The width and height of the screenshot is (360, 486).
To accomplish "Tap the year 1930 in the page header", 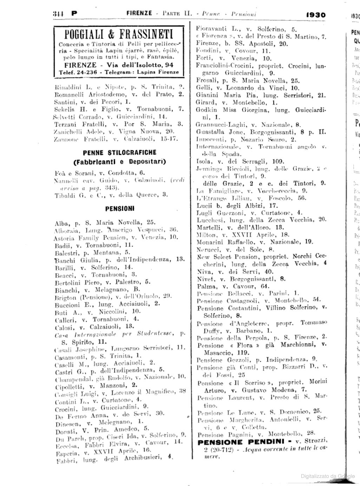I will pyautogui.click(x=315, y=15).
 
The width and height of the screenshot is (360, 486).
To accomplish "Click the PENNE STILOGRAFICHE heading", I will pyautogui.click(x=120, y=153).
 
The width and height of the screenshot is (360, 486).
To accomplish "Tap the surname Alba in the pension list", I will pyautogui.click(x=62, y=222).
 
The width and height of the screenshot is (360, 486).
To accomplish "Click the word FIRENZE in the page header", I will pyautogui.click(x=139, y=14).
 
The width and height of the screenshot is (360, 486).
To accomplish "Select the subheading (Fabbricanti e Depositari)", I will pyautogui.click(x=120, y=162).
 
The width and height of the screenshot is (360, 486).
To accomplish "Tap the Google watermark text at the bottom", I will pyautogui.click(x=328, y=476).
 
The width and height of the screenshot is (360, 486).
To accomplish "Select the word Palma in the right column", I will pyautogui.click(x=204, y=286).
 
